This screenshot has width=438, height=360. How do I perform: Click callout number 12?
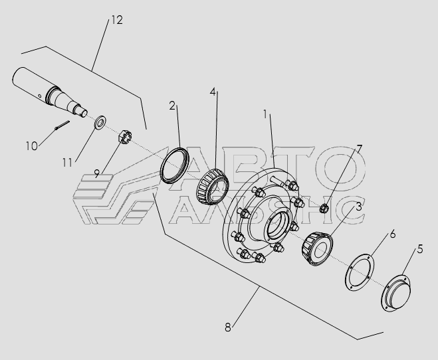click(117, 20)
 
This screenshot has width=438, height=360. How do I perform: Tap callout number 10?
click(31, 146)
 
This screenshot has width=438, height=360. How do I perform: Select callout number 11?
click(67, 163)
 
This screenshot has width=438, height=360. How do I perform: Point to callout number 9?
click(97, 173)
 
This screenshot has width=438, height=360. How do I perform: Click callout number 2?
click(172, 106)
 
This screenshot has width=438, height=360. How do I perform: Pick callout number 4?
click(213, 92)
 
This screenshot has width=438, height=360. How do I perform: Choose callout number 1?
click(265, 114)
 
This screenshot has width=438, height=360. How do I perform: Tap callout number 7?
click(359, 149)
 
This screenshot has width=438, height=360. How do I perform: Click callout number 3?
click(359, 207)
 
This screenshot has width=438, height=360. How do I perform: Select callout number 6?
click(393, 234)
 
